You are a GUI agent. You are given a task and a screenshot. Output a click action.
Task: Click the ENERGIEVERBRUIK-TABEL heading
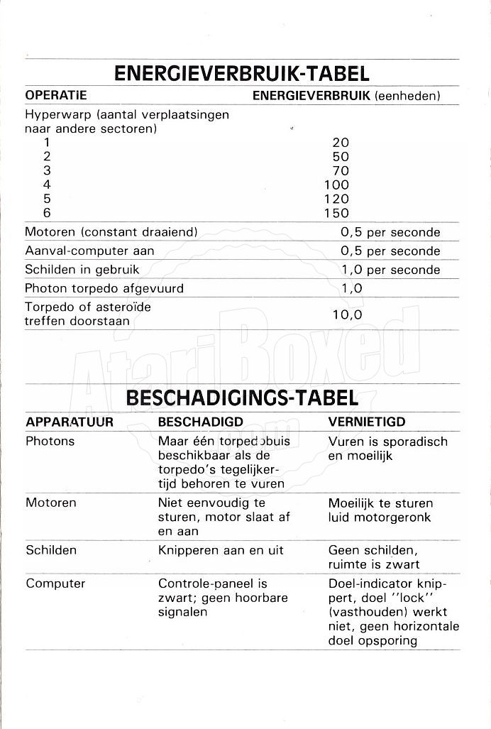click(x=241, y=74)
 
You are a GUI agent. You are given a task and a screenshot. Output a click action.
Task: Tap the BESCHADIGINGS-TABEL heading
click(x=242, y=399)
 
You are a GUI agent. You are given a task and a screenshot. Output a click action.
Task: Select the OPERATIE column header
click(x=55, y=95)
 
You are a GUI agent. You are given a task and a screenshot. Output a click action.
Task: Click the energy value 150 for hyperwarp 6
click(x=336, y=213)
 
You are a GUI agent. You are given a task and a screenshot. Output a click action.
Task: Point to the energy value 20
click(x=341, y=142)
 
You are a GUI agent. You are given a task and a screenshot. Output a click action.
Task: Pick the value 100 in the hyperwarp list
click(x=336, y=185)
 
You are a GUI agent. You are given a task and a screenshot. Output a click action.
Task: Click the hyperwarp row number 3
click(x=48, y=170)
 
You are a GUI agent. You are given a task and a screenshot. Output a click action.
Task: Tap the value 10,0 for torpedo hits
click(x=348, y=314)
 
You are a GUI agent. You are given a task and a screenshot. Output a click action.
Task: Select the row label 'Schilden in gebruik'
click(x=82, y=270)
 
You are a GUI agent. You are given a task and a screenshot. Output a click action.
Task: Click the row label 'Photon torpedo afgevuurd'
click(x=104, y=288)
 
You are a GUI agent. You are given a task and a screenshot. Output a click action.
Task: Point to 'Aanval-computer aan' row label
click(x=89, y=251)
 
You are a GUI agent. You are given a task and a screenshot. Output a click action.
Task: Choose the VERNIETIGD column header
click(x=367, y=422)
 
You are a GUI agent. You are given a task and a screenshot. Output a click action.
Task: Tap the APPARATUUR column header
click(x=70, y=422)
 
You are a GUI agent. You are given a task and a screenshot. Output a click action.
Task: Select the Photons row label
click(x=50, y=442)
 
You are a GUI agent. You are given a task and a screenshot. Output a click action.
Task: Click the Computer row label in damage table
click(x=55, y=583)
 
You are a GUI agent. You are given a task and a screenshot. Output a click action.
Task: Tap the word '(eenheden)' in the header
click(x=407, y=95)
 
